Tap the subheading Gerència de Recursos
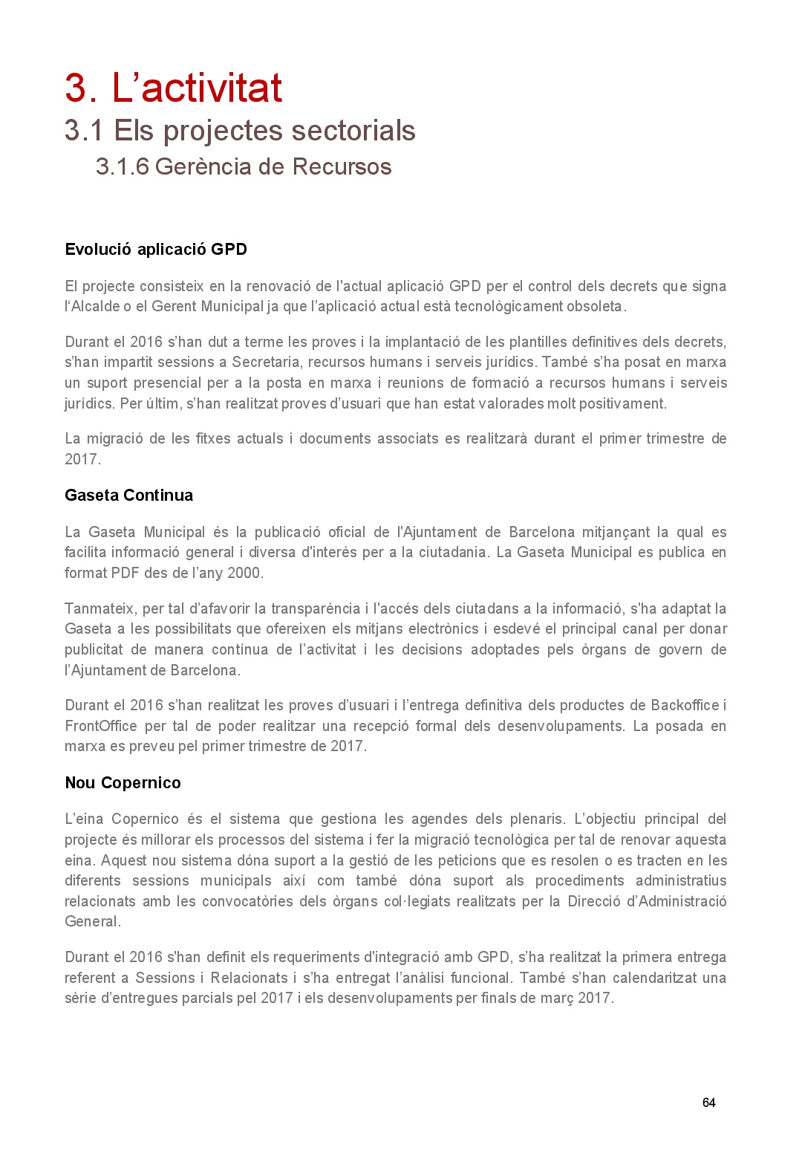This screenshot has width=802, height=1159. pos(243,166)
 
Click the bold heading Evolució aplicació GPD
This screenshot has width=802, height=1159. pos(156,250)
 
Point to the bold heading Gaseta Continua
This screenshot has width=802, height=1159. pos(128,496)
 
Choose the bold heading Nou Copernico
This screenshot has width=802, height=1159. pos(123,783)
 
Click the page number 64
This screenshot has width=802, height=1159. pos(708,1103)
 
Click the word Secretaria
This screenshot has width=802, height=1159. pos(267,363)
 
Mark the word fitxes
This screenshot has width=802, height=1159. pos(213,439)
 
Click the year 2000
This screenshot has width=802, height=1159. pos(244,574)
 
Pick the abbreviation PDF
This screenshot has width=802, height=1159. pos(125,574)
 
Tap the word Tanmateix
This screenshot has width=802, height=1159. pos(100,609)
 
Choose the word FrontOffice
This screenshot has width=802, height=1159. pos(101,727)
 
